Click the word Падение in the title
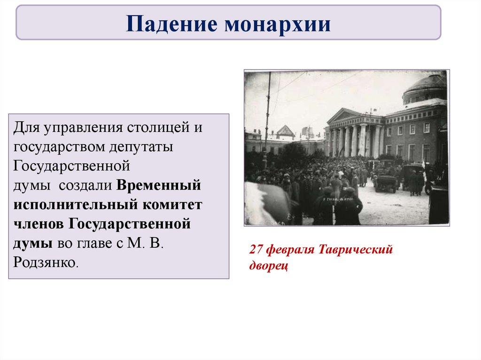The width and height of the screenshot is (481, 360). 171,23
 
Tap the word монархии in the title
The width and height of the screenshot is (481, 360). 278,24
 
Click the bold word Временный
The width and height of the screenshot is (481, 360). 159,185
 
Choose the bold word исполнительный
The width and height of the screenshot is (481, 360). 76,205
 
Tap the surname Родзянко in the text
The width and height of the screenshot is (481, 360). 44,262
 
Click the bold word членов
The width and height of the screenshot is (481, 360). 39,224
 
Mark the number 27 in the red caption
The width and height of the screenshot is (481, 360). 256,250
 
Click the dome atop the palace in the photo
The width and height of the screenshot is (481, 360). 425,89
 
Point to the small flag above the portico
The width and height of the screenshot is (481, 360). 372,110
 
